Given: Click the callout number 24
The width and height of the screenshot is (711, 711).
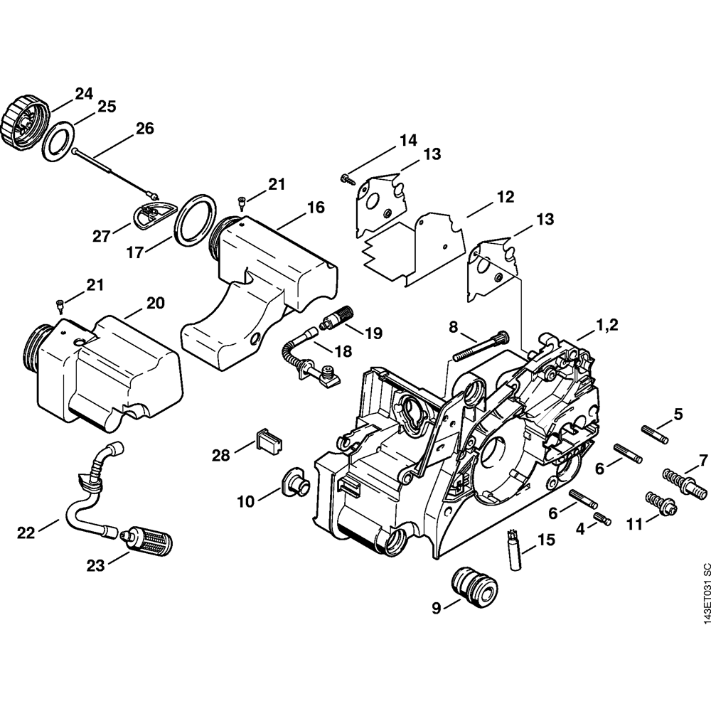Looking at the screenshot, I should (84, 93).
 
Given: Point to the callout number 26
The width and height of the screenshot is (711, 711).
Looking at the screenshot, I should (144, 129).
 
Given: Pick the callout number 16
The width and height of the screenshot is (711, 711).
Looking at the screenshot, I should (315, 208).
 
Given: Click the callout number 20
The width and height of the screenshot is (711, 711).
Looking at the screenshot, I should (155, 304).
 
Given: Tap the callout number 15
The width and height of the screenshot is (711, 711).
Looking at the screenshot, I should (545, 540).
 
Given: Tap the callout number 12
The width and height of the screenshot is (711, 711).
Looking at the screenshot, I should (506, 197).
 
